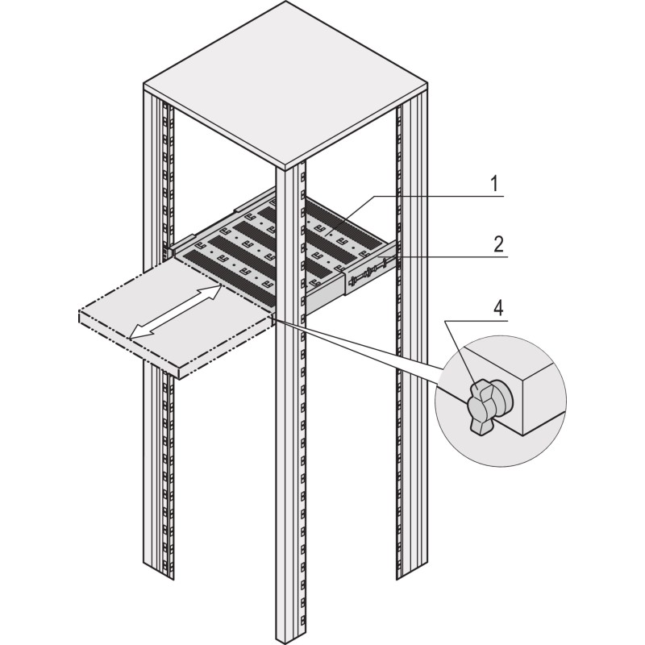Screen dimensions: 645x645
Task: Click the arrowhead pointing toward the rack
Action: (x=214, y=289)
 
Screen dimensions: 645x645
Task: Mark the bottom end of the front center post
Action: (x=290, y=637)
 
